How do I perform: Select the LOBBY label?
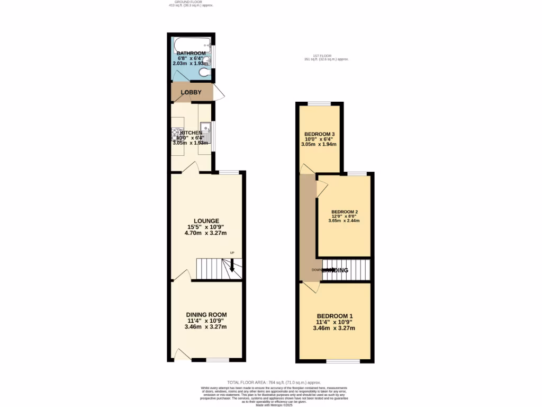point(191,92)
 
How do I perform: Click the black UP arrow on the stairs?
point(231,265)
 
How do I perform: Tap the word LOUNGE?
point(206,221)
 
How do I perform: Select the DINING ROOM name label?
point(206,315)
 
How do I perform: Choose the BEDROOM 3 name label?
point(319,134)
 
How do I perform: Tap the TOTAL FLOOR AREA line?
point(274,382)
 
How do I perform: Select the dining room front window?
point(216,360)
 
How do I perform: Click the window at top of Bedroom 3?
point(319,103)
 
